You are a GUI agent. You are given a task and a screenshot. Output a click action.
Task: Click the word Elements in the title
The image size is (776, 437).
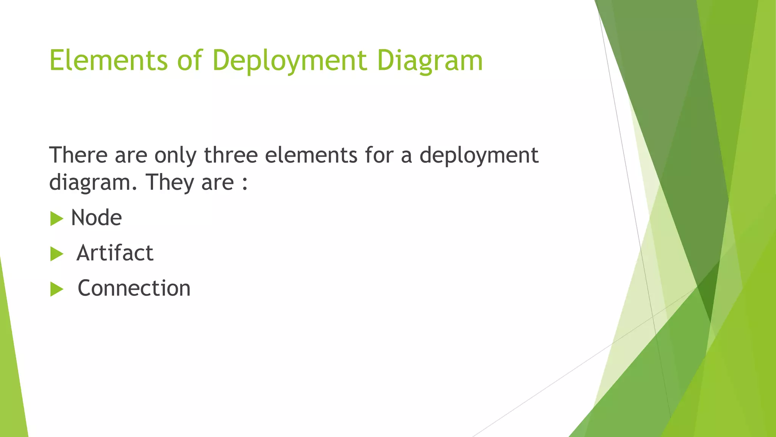108,60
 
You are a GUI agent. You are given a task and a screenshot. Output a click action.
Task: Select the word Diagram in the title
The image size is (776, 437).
430,60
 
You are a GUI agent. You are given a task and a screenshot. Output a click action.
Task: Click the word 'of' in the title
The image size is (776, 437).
189,60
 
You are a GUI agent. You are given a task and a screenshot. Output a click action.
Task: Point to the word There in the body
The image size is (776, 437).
78,155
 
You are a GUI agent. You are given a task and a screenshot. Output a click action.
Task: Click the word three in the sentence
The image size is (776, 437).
231,155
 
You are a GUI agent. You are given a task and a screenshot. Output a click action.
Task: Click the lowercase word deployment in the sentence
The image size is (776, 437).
479,156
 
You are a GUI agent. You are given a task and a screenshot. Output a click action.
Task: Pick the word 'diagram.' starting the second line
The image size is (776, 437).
93,183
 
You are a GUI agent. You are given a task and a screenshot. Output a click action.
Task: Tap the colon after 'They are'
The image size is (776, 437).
245,183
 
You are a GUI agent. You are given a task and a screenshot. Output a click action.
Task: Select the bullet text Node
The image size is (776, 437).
96,218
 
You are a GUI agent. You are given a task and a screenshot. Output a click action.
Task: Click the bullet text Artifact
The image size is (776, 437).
115,253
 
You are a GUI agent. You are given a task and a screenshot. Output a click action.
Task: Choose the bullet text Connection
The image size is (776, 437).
134,288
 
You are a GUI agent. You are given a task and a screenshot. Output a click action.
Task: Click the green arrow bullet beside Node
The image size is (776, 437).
56,218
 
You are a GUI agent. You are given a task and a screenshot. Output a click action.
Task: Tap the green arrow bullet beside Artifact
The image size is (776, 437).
56,254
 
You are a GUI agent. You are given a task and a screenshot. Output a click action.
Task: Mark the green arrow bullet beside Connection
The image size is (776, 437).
56,289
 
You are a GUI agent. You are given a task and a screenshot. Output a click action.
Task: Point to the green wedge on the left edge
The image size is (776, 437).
11,379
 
